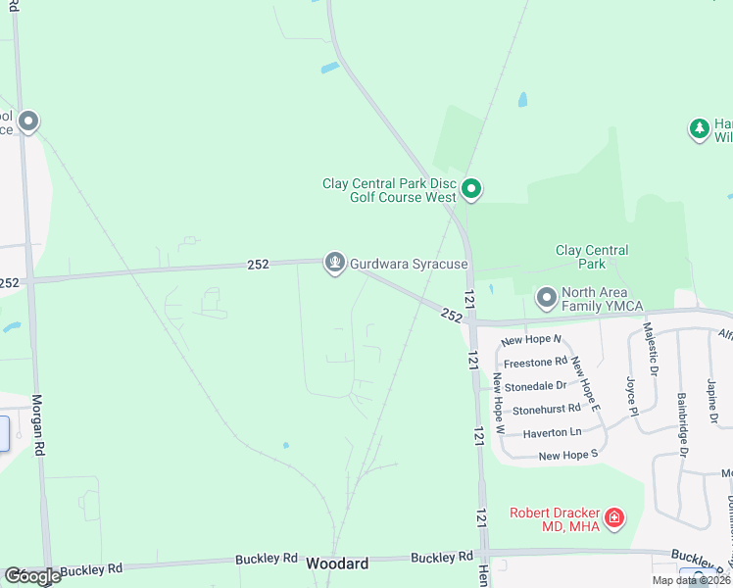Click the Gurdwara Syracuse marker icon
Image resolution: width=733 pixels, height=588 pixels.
(x=335, y=263)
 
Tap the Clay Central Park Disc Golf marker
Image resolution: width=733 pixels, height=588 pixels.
(x=471, y=189)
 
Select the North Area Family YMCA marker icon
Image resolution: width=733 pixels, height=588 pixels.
(x=546, y=296)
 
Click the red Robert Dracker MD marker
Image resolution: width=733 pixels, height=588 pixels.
(x=614, y=516)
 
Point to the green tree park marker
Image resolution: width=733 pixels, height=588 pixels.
(x=699, y=129)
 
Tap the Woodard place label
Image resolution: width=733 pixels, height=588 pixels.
(x=337, y=563)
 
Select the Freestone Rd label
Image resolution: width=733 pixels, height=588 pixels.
(x=535, y=363)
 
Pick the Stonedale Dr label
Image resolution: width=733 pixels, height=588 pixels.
(x=536, y=386)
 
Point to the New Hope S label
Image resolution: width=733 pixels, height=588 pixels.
(x=567, y=456)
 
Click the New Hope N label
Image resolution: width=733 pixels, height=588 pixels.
(x=530, y=340)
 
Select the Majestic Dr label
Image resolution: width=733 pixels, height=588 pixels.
(x=652, y=350)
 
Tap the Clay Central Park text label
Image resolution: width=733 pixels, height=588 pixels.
(x=592, y=257)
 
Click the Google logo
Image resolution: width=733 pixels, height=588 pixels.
(x=32, y=576)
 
